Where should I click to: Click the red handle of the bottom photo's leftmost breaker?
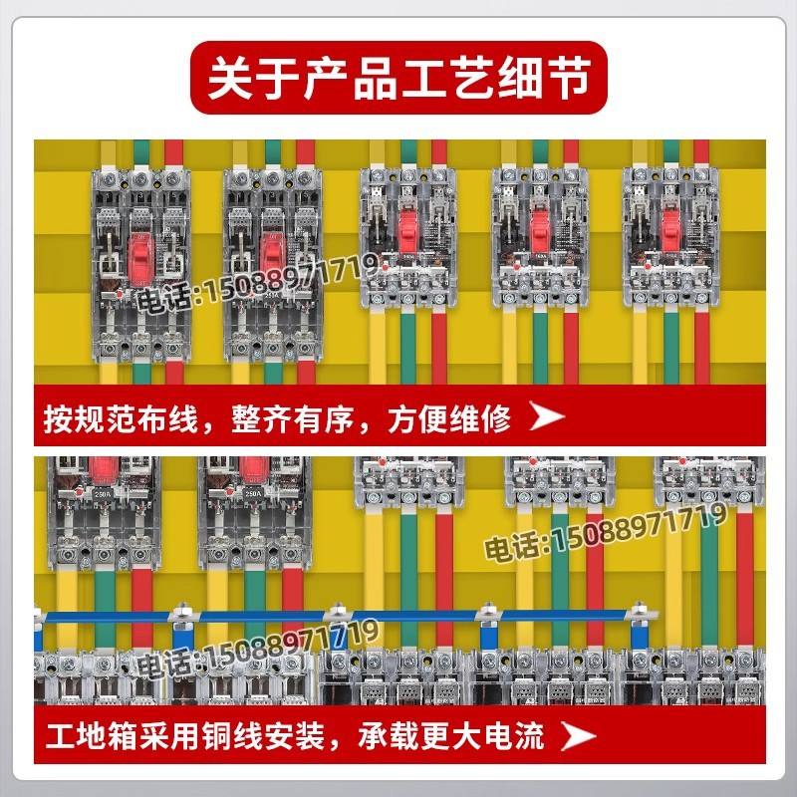tap(97, 470)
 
